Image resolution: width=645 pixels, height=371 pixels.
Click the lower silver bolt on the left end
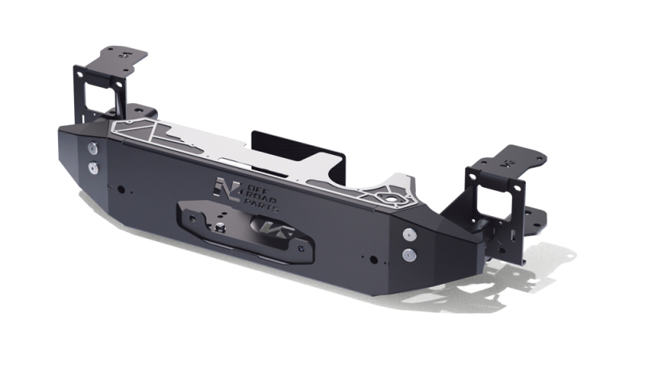point(94,169)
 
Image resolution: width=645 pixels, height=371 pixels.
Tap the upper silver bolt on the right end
point(409,234)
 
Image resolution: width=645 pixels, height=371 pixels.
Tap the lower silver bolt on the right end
point(409,255)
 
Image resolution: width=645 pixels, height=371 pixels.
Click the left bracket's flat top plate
point(121,59)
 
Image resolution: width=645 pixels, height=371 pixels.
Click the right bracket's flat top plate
point(515,159)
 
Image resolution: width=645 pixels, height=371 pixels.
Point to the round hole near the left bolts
point(120,190)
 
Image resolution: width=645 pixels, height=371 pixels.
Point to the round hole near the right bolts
point(372,259)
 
